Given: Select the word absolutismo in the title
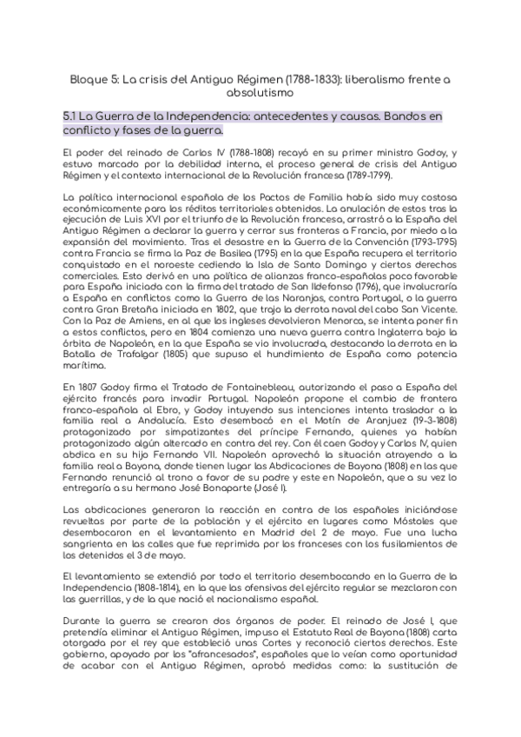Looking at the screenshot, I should pyautogui.click(x=260, y=91).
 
